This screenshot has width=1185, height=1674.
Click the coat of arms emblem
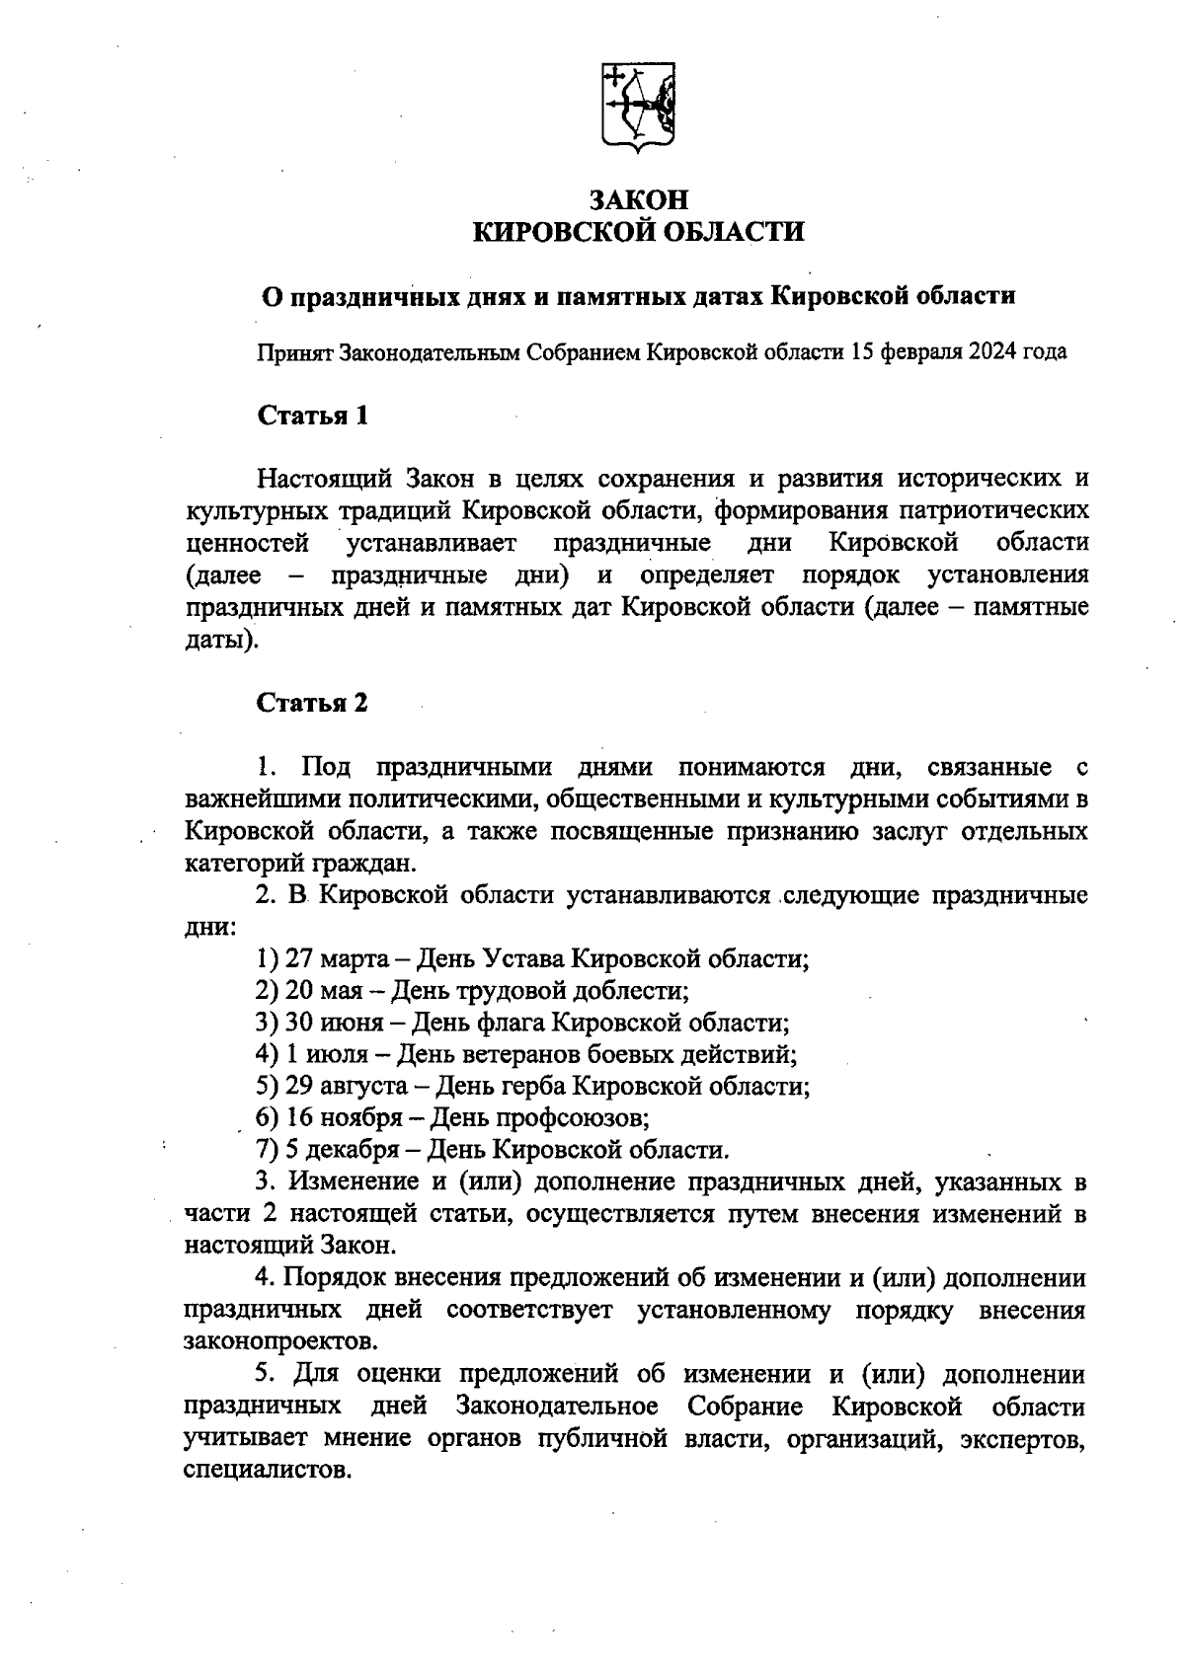click(x=639, y=108)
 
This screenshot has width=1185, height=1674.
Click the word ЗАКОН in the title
click(x=639, y=199)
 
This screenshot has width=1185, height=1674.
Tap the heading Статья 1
click(x=313, y=416)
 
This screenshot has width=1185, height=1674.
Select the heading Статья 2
click(x=313, y=703)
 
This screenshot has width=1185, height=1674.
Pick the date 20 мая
click(x=311, y=990)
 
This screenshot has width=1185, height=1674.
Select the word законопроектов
click(x=279, y=1342)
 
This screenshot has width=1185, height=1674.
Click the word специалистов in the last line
click(x=266, y=1470)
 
